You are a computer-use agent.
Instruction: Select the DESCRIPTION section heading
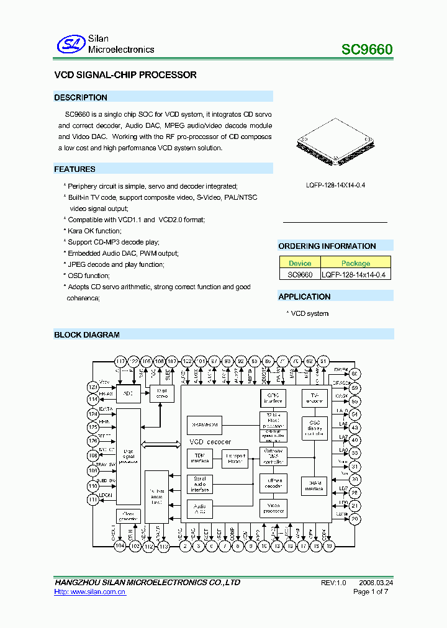81,97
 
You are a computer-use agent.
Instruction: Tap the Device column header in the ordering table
300,263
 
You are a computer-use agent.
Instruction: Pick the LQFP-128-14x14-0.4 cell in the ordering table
356,274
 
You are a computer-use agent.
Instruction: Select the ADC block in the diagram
129,393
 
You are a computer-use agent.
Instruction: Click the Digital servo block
161,393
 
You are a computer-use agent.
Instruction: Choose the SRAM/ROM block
204,425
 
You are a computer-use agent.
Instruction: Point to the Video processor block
273,508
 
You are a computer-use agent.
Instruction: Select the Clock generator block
129,516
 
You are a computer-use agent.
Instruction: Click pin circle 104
120,546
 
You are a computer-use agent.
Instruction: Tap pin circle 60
354,374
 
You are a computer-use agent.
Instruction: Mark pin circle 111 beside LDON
93,500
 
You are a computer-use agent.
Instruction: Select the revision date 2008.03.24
376,583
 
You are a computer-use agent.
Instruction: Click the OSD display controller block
314,428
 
